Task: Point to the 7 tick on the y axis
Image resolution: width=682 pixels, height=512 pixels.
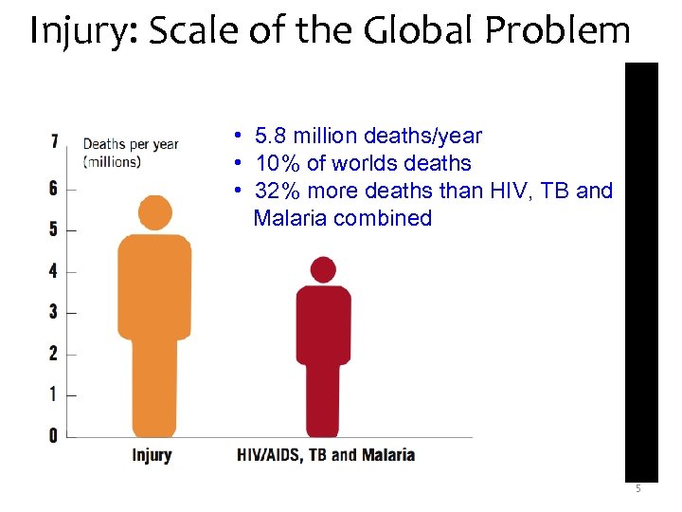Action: click(54, 141)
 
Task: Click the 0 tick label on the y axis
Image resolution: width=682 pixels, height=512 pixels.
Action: click(54, 435)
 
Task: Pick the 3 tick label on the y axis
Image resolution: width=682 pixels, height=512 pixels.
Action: click(54, 312)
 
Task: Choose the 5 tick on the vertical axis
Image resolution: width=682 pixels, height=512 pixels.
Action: click(54, 229)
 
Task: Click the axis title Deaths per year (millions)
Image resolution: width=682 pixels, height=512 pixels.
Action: click(131, 153)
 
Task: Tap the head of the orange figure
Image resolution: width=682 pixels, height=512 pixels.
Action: click(154, 212)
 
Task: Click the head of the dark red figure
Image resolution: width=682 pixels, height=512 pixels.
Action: click(323, 269)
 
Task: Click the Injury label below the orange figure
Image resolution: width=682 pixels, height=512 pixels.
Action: click(152, 455)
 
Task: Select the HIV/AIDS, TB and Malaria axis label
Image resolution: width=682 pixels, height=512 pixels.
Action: click(326, 455)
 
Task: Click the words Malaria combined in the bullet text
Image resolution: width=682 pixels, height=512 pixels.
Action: click(342, 218)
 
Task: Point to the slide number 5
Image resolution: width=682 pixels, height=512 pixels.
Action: click(637, 489)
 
